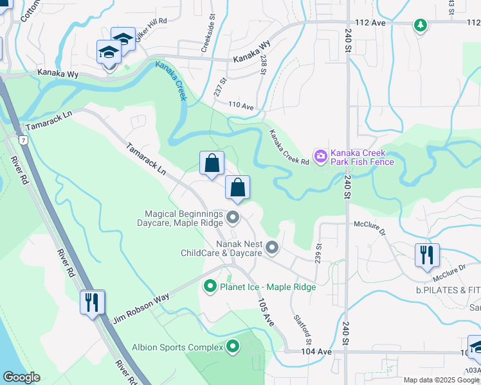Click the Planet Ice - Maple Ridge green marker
[209, 286]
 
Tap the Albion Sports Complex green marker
[233, 348]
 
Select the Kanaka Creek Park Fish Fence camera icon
[320, 156]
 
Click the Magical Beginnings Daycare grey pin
[233, 218]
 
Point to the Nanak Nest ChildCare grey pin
[273, 247]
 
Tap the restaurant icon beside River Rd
[93, 301]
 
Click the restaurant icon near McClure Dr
[427, 254]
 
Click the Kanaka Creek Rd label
[289, 147]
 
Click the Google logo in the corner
[21, 377]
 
